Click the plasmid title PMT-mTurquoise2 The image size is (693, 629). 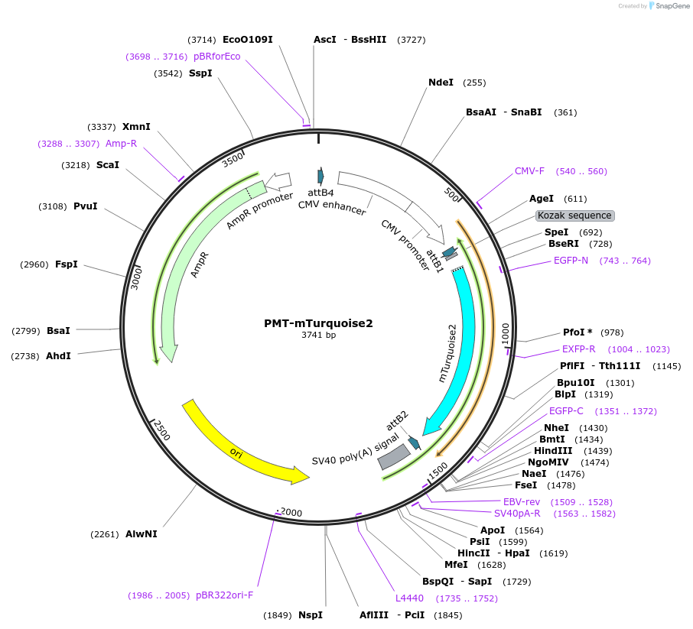(x=318, y=323)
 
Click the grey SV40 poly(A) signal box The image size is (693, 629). (x=395, y=456)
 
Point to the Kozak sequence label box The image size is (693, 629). (x=574, y=216)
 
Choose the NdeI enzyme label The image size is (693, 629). (x=441, y=83)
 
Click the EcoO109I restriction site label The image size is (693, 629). (x=247, y=40)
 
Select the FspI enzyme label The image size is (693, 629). (x=67, y=264)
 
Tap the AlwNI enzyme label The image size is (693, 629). (x=142, y=534)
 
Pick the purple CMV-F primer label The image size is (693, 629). (x=529, y=171)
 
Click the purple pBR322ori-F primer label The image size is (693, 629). (x=224, y=595)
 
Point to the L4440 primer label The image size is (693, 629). (x=409, y=598)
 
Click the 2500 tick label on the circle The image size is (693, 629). (x=161, y=430)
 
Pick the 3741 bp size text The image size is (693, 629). (x=318, y=335)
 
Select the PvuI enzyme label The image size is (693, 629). (x=86, y=206)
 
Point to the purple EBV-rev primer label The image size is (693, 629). (x=522, y=501)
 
